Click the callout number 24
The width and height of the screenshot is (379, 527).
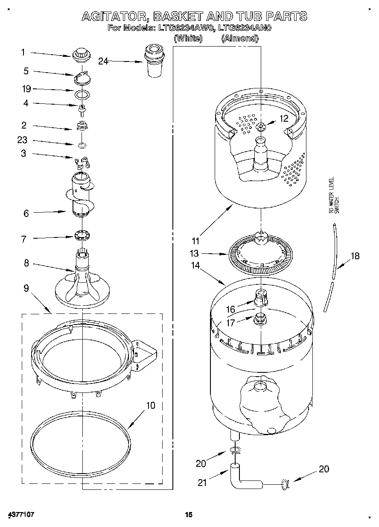pyautogui.click(x=103, y=61)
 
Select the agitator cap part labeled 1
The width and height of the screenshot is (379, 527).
pyautogui.click(x=80, y=54)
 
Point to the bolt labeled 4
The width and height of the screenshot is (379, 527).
pyautogui.click(x=81, y=108)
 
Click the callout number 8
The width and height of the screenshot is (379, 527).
pyautogui.click(x=26, y=263)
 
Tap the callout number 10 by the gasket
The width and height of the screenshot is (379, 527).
pyautogui.click(x=151, y=405)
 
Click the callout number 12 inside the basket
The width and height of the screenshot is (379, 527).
pyautogui.click(x=284, y=119)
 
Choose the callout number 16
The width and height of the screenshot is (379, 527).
pyautogui.click(x=230, y=309)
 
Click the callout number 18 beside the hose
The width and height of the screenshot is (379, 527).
pyautogui.click(x=355, y=256)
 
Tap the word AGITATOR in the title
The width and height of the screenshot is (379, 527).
pyautogui.click(x=115, y=16)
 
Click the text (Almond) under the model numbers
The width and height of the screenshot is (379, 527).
pyautogui.click(x=239, y=38)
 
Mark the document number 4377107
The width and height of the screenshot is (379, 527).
pyautogui.click(x=20, y=515)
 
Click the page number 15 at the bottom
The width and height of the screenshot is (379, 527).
pyautogui.click(x=189, y=515)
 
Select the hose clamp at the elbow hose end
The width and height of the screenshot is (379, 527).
pyautogui.click(x=285, y=483)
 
